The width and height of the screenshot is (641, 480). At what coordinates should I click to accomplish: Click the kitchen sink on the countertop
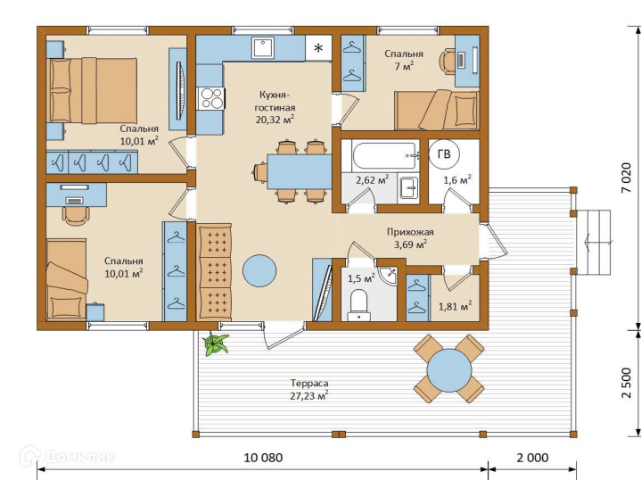263,47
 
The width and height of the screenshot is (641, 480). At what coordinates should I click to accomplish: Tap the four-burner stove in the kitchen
211,98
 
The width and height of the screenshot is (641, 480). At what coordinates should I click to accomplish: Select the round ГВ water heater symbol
444,154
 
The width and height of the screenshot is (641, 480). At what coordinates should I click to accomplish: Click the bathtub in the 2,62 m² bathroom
385,156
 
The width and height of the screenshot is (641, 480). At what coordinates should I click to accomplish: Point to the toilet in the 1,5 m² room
359,305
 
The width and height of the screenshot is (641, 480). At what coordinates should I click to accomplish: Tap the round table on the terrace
448,370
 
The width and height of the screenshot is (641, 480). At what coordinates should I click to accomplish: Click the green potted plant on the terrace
216,343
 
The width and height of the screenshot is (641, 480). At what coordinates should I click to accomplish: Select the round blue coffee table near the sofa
259,271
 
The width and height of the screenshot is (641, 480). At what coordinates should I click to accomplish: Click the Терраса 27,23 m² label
309,390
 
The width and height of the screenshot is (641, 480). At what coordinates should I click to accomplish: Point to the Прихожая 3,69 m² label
410,238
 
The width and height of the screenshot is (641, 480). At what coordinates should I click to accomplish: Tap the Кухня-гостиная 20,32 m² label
275,107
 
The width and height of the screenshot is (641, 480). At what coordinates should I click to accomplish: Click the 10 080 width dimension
263,458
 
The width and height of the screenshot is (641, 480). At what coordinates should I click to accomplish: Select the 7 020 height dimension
626,178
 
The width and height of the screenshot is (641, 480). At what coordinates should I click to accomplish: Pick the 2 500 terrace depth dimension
626,383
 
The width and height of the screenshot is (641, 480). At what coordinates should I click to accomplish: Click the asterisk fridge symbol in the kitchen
318,48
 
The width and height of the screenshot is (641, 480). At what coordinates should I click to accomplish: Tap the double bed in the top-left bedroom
94,90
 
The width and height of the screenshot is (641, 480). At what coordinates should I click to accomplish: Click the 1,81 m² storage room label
456,306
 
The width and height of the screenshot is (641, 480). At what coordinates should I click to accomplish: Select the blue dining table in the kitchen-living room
300,171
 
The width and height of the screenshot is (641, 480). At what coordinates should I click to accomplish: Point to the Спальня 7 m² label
404,60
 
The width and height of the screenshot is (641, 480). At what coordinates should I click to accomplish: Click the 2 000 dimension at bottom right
532,458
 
